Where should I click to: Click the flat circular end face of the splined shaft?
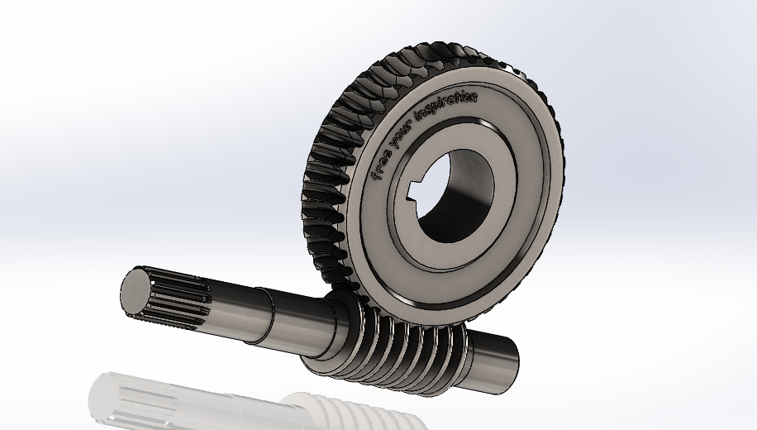[136, 292]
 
